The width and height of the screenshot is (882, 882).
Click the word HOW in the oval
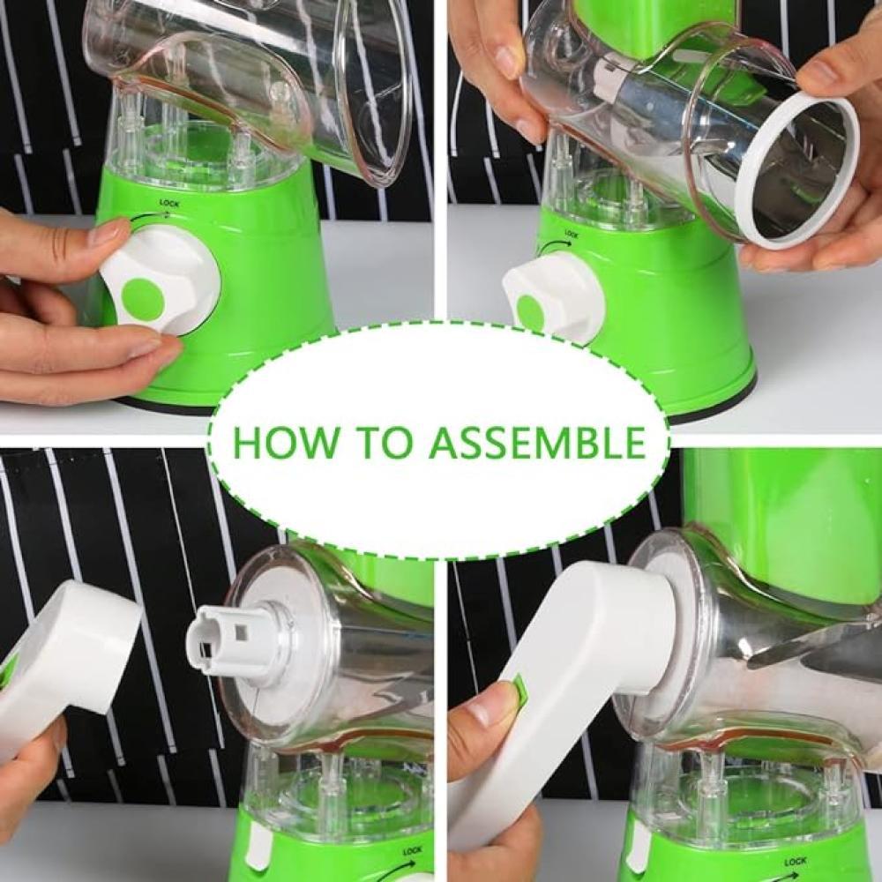pyautogui.click(x=285, y=443)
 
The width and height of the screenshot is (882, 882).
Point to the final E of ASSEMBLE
pyautogui.click(x=634, y=443)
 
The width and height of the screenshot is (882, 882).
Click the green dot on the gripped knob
pyautogui.click(x=143, y=299)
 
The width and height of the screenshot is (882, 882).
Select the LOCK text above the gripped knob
pyautogui.click(x=168, y=203)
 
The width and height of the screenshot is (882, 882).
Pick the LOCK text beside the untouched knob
pyautogui.click(x=571, y=234)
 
